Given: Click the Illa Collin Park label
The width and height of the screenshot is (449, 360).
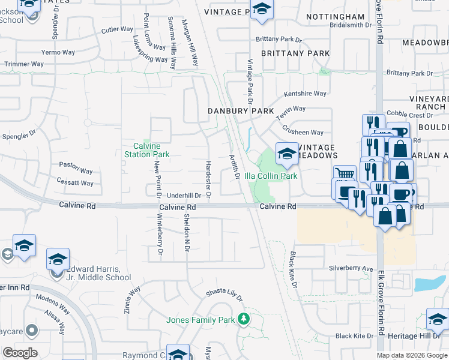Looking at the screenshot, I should click(x=271, y=176).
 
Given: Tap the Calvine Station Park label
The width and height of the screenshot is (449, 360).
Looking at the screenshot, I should click(x=151, y=150).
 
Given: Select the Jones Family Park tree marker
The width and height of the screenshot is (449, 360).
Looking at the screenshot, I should click(x=244, y=318).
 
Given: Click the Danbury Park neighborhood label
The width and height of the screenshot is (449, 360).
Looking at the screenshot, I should click(x=241, y=111).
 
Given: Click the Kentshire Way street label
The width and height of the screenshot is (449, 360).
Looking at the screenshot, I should click(x=305, y=94).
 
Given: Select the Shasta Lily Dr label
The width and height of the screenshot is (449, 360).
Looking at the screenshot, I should click(x=224, y=294).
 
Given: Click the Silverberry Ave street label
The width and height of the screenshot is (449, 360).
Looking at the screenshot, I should click(x=351, y=268).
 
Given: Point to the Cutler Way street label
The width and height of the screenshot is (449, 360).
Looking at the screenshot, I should click(x=117, y=29).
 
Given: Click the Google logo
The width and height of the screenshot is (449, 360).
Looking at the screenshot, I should click(x=20, y=353).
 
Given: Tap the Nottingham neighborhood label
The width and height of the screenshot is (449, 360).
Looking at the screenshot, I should click(x=335, y=17).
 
